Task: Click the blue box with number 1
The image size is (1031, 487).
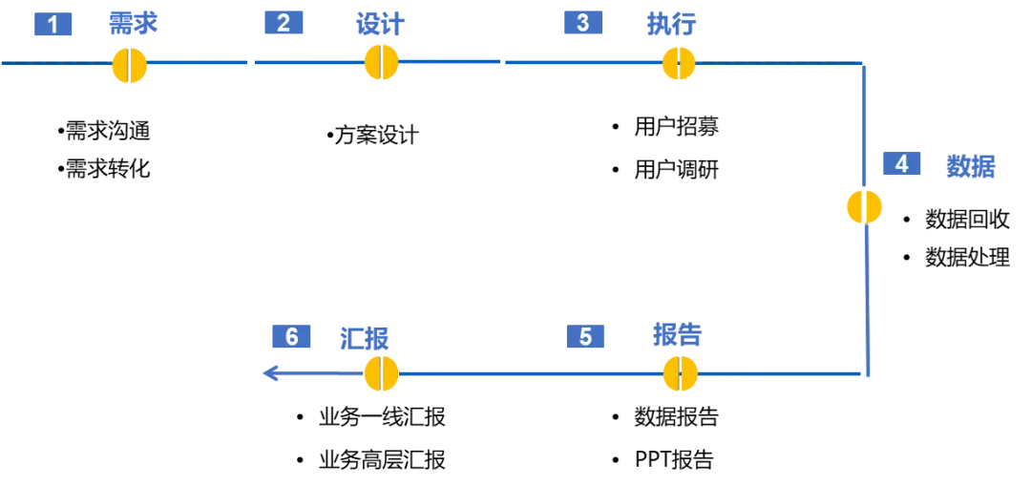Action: coord(53,24)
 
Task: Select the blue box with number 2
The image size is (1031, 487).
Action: coord(283,23)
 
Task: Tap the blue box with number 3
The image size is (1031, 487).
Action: coord(581,23)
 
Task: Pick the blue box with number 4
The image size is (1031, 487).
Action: coord(901,163)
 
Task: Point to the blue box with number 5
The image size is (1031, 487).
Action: coord(585,336)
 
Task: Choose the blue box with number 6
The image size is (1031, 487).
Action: coord(291,336)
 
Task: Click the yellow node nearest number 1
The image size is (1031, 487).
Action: coord(129,65)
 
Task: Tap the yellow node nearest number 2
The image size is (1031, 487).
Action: coord(381,62)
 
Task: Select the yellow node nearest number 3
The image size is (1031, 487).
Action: coord(679,63)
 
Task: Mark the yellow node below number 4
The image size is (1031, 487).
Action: coord(865,207)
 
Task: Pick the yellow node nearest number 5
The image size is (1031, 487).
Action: coord(681,373)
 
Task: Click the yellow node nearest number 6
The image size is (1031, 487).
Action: coord(381,372)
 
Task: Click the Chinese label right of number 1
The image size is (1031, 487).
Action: coord(133,23)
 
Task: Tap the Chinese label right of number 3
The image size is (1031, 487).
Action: coord(674,23)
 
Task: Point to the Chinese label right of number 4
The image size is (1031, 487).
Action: coord(970,168)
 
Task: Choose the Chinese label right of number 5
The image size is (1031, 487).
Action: coord(679,336)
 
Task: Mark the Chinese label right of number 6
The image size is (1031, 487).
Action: coord(364,337)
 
